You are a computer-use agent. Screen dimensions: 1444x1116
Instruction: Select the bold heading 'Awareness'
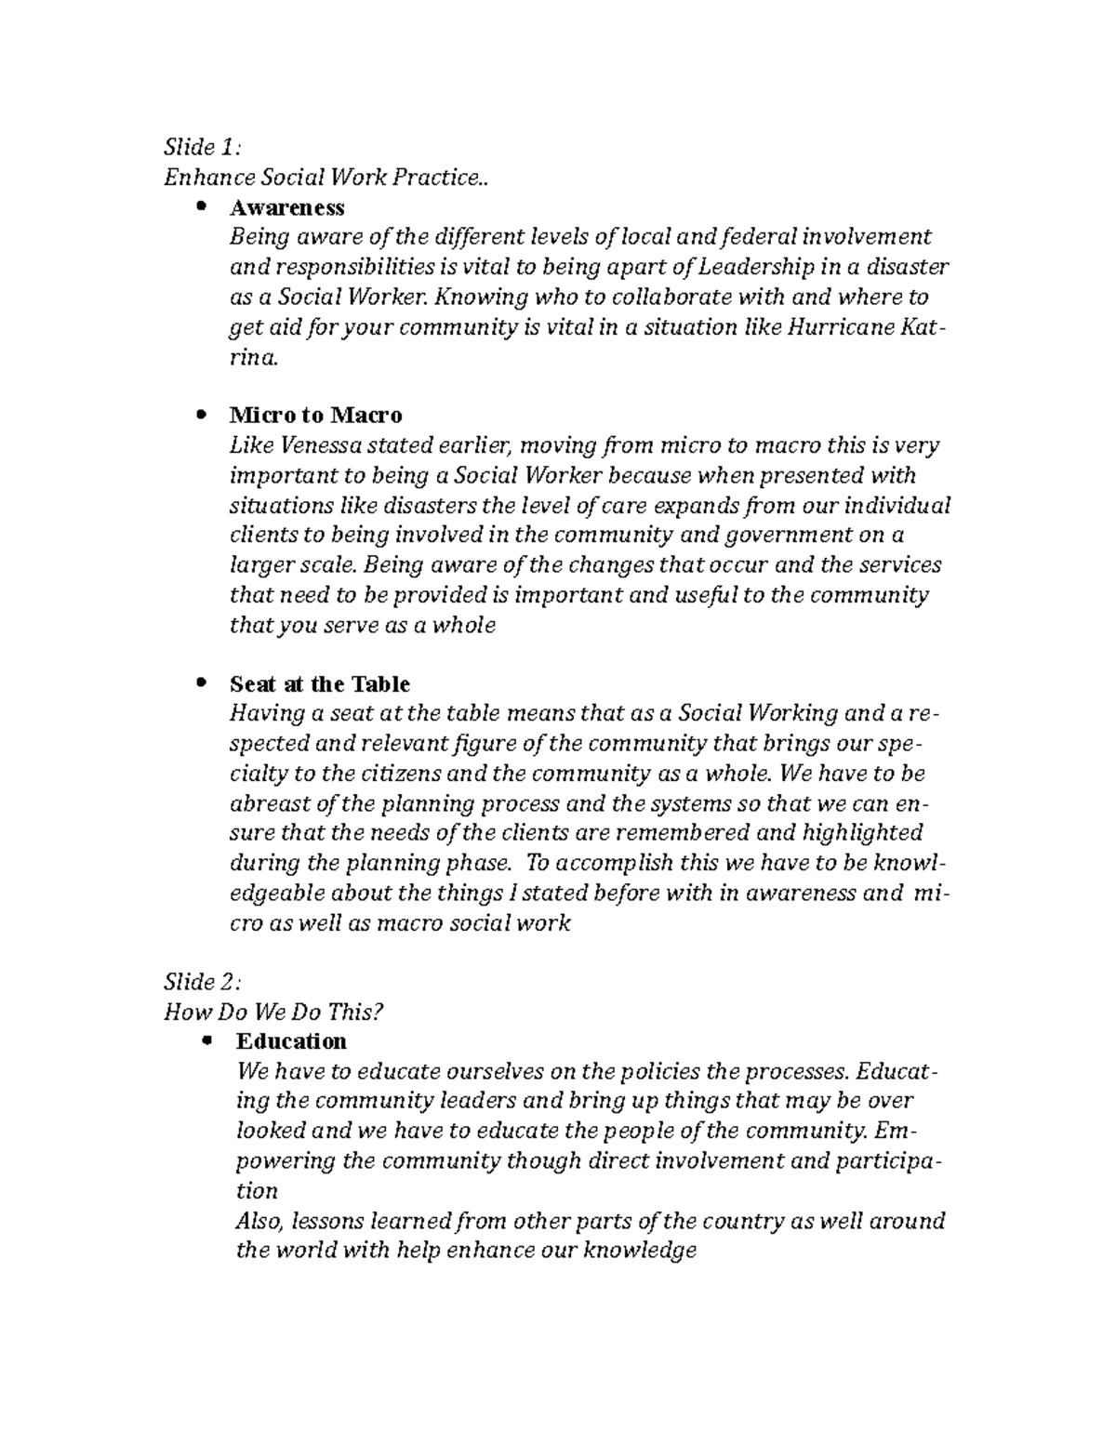point(286,206)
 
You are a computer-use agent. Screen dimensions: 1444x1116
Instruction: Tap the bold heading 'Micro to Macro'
point(315,415)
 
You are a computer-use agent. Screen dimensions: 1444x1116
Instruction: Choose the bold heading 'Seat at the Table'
point(319,684)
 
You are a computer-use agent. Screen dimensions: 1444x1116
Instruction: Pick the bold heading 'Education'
point(291,1040)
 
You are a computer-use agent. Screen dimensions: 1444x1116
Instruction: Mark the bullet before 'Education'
point(206,1040)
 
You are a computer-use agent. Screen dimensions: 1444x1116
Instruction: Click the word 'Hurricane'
point(840,327)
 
